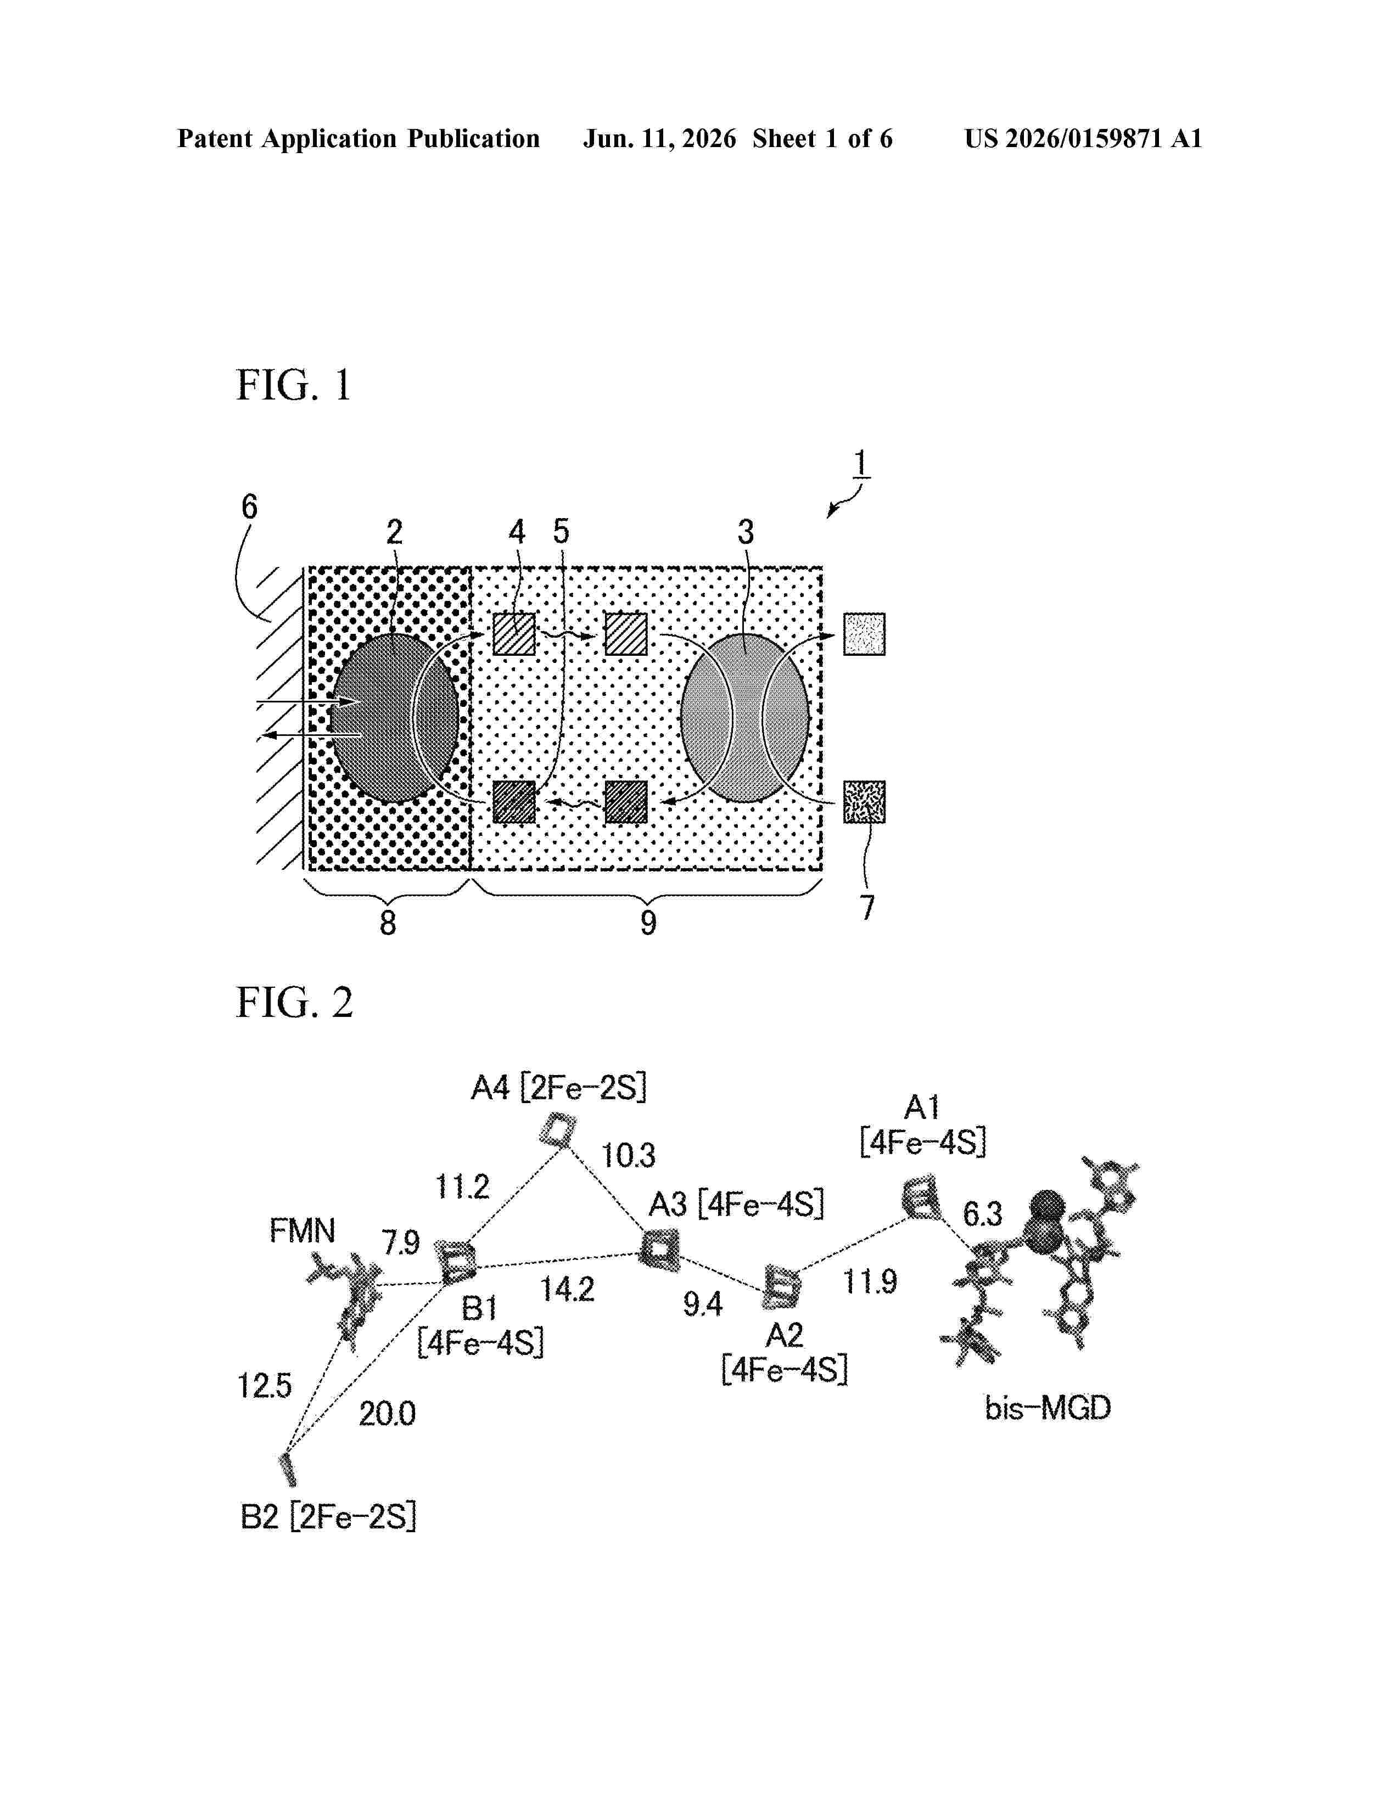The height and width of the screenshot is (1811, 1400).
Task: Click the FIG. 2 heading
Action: (294, 1003)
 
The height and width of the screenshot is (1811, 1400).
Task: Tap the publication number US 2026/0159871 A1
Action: (1082, 138)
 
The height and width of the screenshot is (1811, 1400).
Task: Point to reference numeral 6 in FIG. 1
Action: (249, 506)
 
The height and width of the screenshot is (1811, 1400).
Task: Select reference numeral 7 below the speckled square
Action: (867, 907)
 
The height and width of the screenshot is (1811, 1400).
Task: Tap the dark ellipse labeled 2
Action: (395, 718)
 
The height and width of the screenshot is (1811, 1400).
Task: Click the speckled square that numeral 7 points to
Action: (864, 802)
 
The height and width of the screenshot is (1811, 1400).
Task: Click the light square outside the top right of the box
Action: (864, 634)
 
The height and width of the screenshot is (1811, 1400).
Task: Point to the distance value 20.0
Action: (387, 1414)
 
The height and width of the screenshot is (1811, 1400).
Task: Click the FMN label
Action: (302, 1230)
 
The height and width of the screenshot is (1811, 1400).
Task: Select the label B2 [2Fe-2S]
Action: (328, 1517)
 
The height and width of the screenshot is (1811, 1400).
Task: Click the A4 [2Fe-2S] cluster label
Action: (558, 1087)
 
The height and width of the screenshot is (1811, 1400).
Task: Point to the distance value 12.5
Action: (265, 1386)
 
